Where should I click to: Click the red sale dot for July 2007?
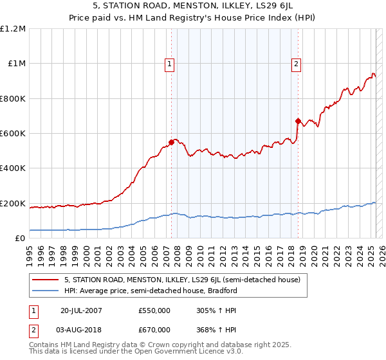click(172, 141)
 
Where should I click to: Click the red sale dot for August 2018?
click(298, 120)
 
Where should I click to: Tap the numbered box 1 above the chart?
click(169, 64)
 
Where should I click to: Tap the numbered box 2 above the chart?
click(296, 64)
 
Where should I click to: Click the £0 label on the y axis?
click(19, 239)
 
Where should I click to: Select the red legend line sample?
click(46, 280)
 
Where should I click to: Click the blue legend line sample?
click(46, 291)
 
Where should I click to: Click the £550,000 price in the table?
click(154, 310)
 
